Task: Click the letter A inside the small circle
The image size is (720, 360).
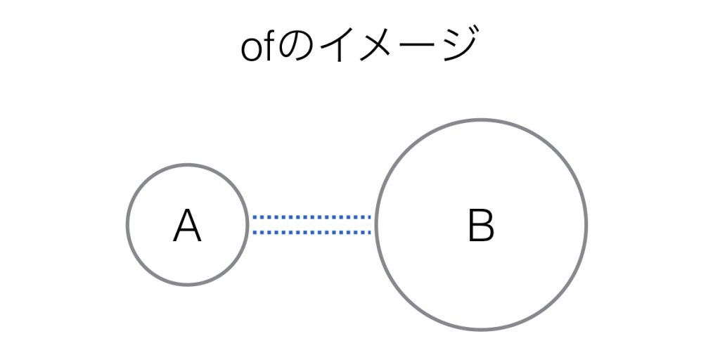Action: point(187,226)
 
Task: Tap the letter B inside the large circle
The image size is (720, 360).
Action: point(481,225)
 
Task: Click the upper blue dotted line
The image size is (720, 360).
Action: point(311,217)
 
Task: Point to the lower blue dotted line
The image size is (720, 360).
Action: point(311,232)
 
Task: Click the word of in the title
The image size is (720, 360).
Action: point(257,46)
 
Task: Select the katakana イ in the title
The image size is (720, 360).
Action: point(337,45)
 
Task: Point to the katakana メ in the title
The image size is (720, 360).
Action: point(378,45)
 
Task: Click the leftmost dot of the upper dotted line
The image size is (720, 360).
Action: point(255,217)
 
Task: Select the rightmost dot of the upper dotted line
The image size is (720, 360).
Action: point(369,217)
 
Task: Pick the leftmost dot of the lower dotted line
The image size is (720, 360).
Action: point(255,232)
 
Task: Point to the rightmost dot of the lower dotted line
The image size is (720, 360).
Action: point(369,232)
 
